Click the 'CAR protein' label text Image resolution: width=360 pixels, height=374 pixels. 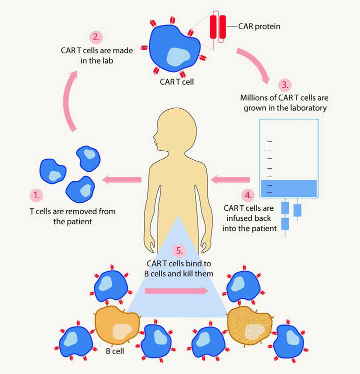259,26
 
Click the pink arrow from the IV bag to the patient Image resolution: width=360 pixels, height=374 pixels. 230,178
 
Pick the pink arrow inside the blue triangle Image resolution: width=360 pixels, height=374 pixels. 176,291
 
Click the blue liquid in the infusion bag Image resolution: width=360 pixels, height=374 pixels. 289,188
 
